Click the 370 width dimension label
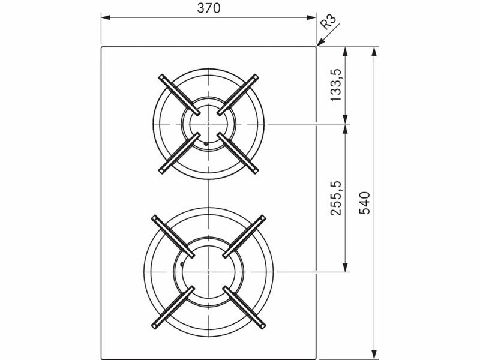(x=208, y=8)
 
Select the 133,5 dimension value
(x=335, y=85)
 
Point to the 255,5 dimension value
(x=335, y=199)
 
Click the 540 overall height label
(x=364, y=203)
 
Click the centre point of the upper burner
(x=208, y=124)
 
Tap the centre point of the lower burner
(x=208, y=272)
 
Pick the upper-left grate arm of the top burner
(x=179, y=95)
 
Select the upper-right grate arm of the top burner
(x=238, y=95)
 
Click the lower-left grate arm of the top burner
(x=179, y=154)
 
